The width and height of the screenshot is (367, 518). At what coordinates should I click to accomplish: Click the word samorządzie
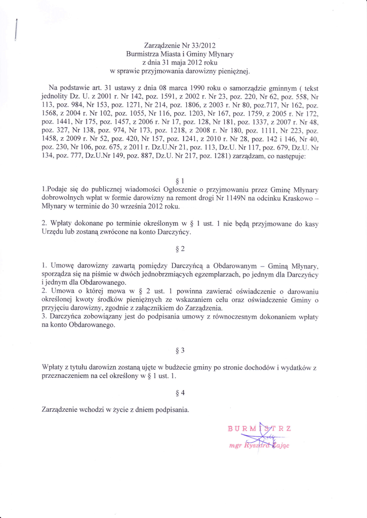(x=264, y=88)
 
